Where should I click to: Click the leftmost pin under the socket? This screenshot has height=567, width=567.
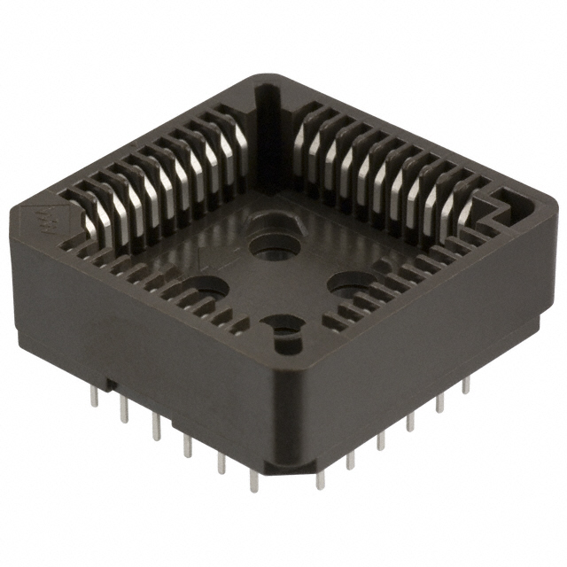(x=94, y=397)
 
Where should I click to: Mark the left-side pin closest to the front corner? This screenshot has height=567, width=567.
(x=254, y=478)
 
